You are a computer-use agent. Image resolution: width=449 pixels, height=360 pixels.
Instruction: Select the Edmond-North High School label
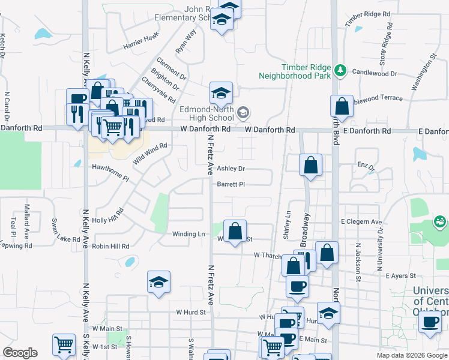(206, 113)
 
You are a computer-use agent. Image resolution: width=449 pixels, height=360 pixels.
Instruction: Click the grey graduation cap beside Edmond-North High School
(243, 112)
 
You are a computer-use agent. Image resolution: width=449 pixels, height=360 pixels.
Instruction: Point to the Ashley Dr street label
(231, 169)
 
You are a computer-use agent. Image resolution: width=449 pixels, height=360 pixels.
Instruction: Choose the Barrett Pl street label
(231, 184)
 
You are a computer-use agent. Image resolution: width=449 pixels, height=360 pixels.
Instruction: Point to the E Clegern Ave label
(361, 222)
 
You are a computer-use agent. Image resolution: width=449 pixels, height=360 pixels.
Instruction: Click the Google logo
(20, 353)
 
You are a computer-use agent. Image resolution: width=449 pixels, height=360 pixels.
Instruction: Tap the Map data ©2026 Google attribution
(411, 355)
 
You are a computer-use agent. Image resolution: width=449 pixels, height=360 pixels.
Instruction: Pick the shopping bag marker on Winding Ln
(235, 230)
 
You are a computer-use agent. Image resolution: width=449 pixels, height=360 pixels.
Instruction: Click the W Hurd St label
(191, 312)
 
